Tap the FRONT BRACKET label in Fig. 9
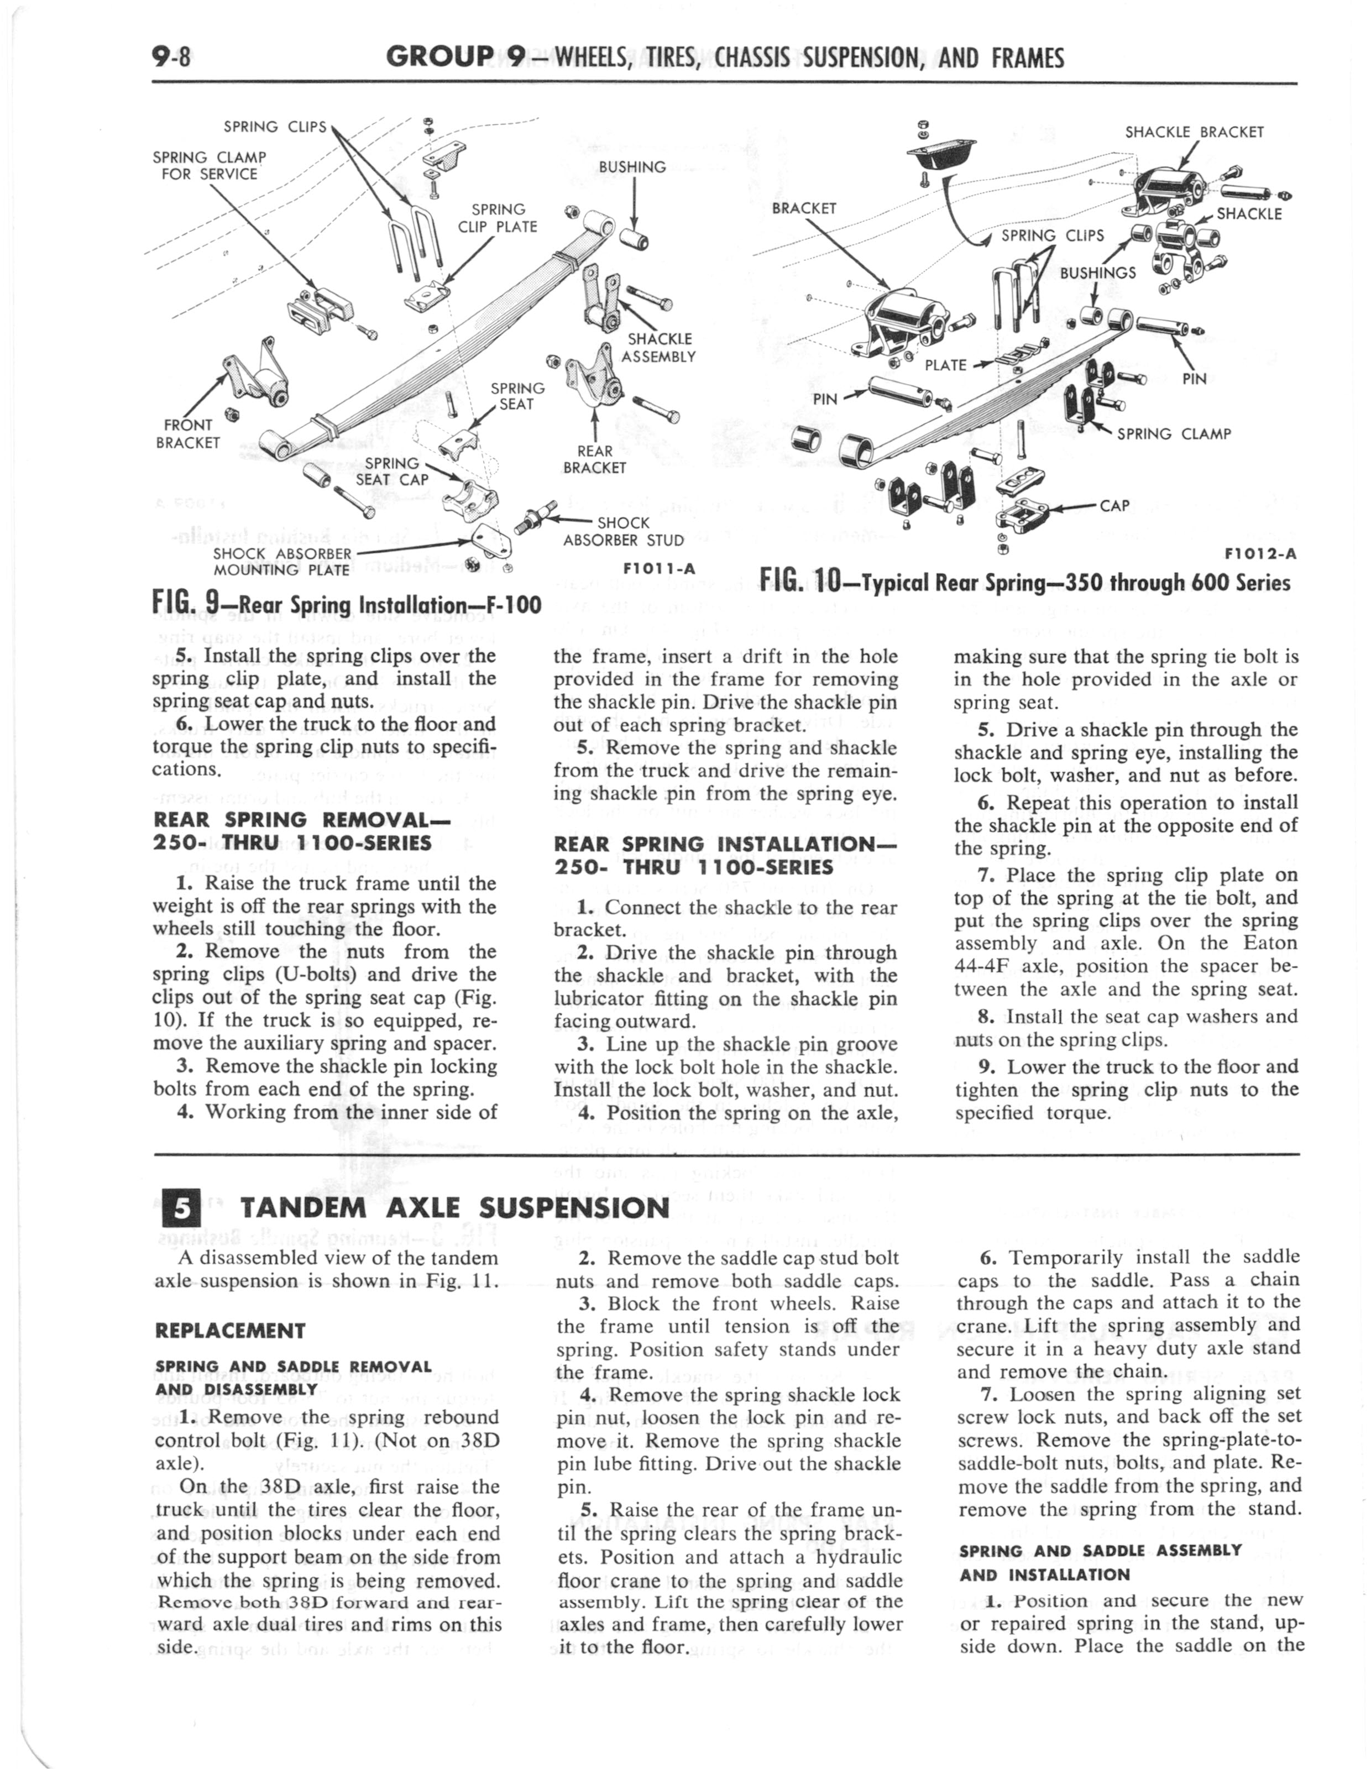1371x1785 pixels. [x=188, y=433]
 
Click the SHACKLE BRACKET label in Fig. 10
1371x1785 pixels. [x=1194, y=132]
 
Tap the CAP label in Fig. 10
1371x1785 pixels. [x=1114, y=505]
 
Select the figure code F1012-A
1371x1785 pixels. [x=1261, y=554]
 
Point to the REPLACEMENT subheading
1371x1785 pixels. [x=229, y=1331]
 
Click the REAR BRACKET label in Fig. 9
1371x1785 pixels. [x=594, y=459]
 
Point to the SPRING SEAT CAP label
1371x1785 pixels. [x=393, y=471]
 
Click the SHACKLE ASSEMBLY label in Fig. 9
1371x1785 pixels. [x=658, y=348]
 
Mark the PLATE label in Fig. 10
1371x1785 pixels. [x=945, y=365]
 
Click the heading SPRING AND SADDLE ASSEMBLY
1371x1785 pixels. [x=1101, y=1550]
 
